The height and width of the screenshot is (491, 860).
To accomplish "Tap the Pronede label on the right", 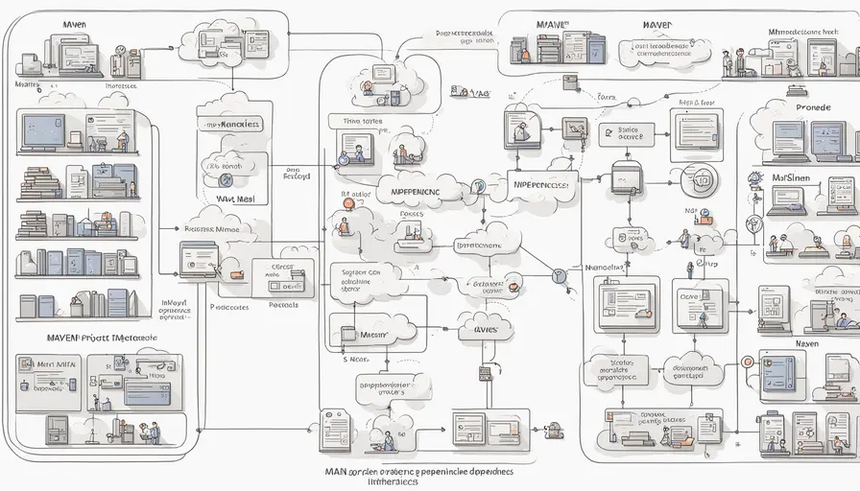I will (812, 107).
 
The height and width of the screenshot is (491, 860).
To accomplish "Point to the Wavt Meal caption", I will (233, 199).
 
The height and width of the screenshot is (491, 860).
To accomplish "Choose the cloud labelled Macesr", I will (372, 336).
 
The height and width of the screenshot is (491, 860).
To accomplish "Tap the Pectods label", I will (283, 305).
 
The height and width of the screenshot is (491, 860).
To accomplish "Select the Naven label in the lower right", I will (806, 342).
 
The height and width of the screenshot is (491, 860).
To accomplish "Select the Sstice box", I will (630, 133).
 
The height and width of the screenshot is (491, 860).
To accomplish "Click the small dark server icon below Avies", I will (485, 372).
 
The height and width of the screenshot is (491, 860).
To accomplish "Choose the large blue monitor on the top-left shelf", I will (44, 129).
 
